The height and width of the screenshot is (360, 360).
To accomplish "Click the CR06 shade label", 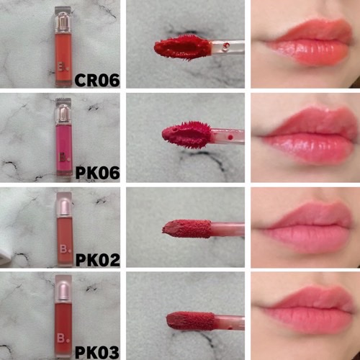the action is [x=97, y=81].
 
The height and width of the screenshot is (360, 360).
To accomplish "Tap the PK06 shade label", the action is [x=97, y=173].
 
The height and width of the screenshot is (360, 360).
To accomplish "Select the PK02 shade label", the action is [x=98, y=260].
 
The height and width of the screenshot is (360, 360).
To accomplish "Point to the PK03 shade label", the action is [x=97, y=352].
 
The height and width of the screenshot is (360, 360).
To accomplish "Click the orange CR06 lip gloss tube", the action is [x=63, y=47].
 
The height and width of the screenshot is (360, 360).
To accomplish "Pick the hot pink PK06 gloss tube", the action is [x=64, y=137].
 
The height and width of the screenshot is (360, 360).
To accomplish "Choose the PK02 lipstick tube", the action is [x=65, y=229].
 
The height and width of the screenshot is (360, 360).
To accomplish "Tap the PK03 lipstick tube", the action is [x=63, y=316].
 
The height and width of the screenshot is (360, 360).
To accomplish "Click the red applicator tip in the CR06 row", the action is [x=183, y=48].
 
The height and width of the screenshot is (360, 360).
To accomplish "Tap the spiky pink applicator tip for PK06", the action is [x=187, y=135].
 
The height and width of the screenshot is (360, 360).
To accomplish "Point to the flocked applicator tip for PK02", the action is [x=186, y=229].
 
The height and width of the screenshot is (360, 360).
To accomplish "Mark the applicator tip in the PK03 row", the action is [x=190, y=321].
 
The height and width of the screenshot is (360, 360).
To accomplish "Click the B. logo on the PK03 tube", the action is [x=63, y=338].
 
